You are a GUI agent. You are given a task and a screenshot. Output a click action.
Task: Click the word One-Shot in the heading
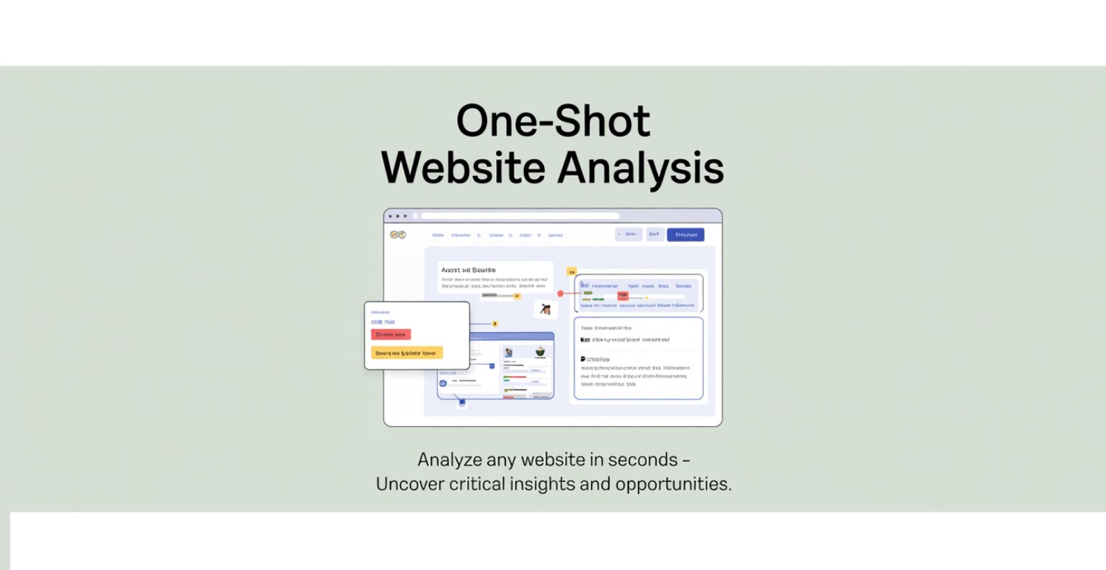pyautogui.click(x=553, y=121)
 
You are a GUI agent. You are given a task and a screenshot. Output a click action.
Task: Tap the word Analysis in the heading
pyautogui.click(x=640, y=168)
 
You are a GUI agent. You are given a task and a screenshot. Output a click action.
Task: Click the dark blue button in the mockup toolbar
pyautogui.click(x=685, y=235)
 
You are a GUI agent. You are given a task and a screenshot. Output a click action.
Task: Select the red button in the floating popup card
pyautogui.click(x=391, y=334)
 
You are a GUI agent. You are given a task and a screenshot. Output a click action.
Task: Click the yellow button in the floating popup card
pyautogui.click(x=407, y=353)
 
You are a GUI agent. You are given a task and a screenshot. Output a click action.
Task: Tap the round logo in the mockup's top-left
pyautogui.click(x=398, y=235)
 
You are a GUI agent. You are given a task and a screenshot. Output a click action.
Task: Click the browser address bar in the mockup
pyautogui.click(x=520, y=216)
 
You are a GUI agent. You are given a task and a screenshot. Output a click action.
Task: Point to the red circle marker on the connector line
pyautogui.click(x=561, y=293)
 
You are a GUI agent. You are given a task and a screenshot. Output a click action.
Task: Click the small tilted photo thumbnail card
pyautogui.click(x=545, y=308)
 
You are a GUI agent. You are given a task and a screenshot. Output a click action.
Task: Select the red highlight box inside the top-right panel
pyautogui.click(x=623, y=296)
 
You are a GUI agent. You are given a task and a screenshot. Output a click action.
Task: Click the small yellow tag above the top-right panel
pyautogui.click(x=572, y=271)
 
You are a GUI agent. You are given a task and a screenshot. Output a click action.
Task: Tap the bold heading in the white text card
pyautogui.click(x=468, y=270)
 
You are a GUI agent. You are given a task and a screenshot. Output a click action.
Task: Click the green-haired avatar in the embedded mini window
pyautogui.click(x=540, y=352)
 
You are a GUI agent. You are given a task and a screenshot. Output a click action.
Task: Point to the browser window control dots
pyautogui.click(x=398, y=216)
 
